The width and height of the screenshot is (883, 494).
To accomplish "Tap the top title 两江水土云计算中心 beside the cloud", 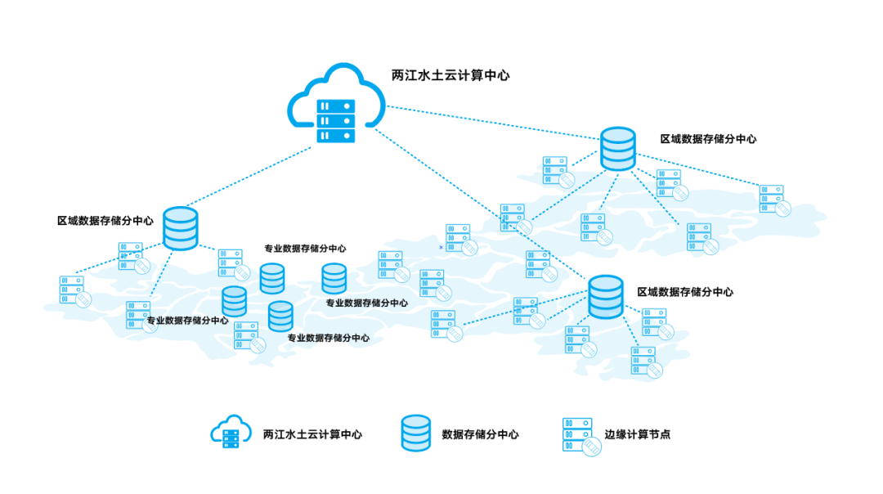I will click(450, 75).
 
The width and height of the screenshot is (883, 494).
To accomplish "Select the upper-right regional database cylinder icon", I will click(618, 148).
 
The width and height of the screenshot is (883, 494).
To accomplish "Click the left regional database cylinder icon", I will click(181, 228).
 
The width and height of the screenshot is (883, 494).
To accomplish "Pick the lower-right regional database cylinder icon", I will click(606, 297).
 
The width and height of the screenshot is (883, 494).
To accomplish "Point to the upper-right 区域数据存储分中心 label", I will click(708, 139).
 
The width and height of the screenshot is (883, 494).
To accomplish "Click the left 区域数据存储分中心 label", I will click(105, 221).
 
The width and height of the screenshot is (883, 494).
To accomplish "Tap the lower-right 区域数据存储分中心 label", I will click(685, 292).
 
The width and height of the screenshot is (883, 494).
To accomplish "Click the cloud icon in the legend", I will click(230, 433).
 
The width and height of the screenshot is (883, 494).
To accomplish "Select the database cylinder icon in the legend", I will click(415, 433).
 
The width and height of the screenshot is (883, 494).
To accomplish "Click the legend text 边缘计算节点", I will click(638, 434).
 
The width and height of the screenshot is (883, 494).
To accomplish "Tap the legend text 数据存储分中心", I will click(480, 434).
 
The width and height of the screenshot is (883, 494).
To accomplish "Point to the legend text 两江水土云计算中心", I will click(312, 434).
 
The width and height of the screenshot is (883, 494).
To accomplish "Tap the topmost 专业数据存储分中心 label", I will click(305, 249).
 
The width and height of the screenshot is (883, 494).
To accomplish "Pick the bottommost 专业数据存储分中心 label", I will click(328, 338).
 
